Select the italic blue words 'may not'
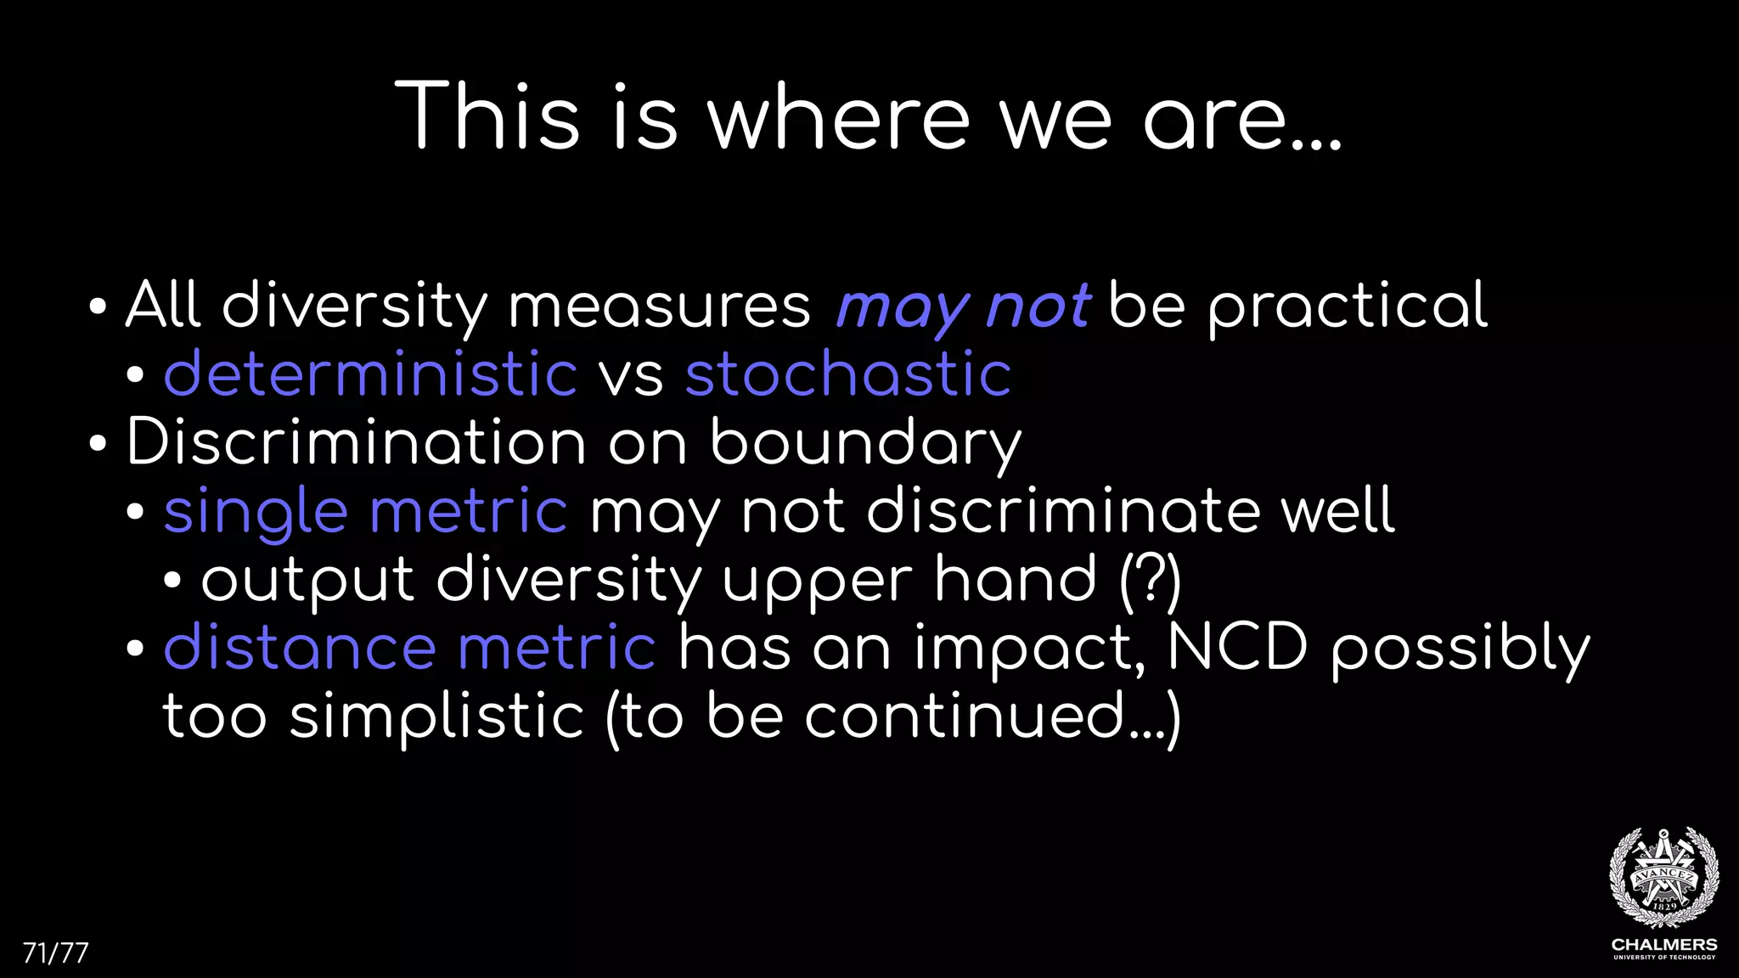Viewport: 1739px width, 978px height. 963,306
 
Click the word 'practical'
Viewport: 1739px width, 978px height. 1348,306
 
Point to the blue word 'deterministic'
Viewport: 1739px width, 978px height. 370,374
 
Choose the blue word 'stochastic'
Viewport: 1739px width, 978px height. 847,374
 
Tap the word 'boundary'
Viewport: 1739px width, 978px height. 865,443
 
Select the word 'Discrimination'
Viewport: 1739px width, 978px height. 356,442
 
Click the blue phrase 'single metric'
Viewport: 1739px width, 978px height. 365,512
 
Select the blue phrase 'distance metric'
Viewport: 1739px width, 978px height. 409,648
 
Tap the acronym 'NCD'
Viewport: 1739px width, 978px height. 1237,647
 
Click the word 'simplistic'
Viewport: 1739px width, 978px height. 436,717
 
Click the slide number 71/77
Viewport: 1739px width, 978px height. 55,953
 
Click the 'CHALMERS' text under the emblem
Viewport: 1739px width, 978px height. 1663,944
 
